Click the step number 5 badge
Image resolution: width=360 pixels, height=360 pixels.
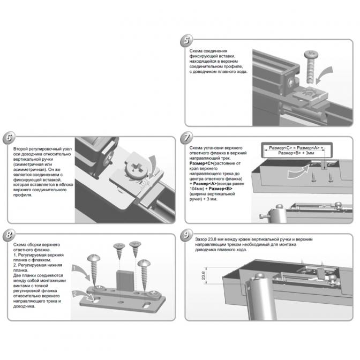coord(186,41)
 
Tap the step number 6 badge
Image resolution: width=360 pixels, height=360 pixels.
coord(9,138)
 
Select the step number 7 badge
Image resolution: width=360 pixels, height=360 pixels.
coord(186,138)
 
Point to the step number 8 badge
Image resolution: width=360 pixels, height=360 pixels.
coord(9,235)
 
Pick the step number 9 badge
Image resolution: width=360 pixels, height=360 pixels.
coord(186,235)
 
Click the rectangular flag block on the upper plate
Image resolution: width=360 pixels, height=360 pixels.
coord(125,281)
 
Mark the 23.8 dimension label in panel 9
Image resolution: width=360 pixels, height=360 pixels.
coord(203,275)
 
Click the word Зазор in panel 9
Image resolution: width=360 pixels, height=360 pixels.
coord(201,239)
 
